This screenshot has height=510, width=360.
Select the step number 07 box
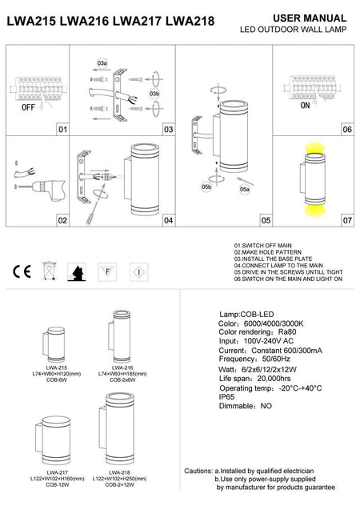[346, 219]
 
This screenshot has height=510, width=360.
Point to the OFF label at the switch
[28, 105]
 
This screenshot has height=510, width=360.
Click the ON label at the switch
[305, 105]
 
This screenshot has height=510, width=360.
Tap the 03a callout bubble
[102, 61]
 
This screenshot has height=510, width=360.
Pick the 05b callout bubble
[208, 187]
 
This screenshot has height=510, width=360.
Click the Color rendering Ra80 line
[254, 333]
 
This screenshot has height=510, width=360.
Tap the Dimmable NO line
[245, 405]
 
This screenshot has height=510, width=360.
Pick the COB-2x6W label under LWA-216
[114, 379]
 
